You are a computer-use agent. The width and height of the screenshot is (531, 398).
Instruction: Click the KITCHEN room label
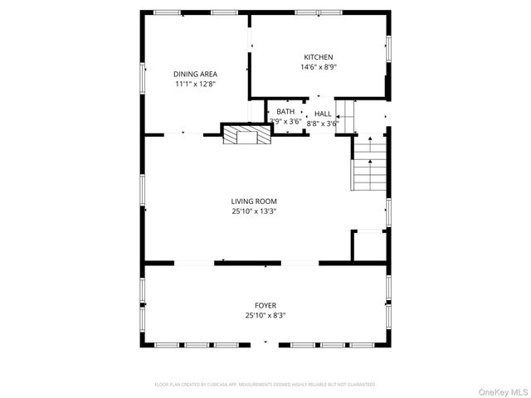[x=295, y=56]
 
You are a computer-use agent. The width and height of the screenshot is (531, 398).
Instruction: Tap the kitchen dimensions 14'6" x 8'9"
[x=319, y=67]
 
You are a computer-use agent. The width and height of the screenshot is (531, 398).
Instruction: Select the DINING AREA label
[x=196, y=73]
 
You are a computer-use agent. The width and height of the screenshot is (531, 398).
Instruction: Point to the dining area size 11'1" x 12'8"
[x=196, y=84]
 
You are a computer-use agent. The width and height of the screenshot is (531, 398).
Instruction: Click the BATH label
[x=285, y=111]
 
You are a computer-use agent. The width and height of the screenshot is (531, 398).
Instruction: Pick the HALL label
[x=323, y=114]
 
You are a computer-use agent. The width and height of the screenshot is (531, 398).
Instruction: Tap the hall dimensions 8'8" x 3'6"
[x=323, y=124]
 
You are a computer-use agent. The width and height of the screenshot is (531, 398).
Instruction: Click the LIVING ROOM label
[x=254, y=201]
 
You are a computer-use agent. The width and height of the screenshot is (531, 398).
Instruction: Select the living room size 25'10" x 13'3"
[x=254, y=211]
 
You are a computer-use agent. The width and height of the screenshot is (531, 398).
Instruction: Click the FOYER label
[x=265, y=305]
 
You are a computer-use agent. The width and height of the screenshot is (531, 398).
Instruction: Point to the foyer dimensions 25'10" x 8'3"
[x=265, y=316]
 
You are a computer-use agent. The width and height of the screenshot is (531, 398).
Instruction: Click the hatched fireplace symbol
[x=246, y=133]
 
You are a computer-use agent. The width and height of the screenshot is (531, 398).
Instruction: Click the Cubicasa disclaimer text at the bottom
[x=265, y=385]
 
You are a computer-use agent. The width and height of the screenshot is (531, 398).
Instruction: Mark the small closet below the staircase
[x=369, y=247]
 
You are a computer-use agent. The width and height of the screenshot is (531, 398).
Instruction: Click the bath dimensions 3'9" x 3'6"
[x=285, y=122]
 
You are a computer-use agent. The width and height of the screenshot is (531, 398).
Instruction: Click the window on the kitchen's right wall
[x=387, y=48]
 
